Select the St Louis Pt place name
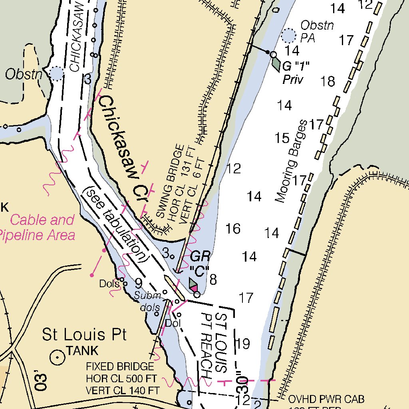pyautogui.click(x=84, y=334)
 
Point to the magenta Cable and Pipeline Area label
pyautogui.click(x=40, y=227)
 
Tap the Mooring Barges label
pyautogui.click(x=292, y=161)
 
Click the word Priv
pyautogui.click(x=293, y=80)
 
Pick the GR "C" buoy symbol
pyautogui.click(x=194, y=285)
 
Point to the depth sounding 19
pyautogui.click(x=243, y=343)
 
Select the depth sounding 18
pyautogui.click(x=328, y=81)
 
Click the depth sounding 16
pyautogui.click(x=233, y=229)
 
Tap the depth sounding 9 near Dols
pyautogui.click(x=138, y=284)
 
